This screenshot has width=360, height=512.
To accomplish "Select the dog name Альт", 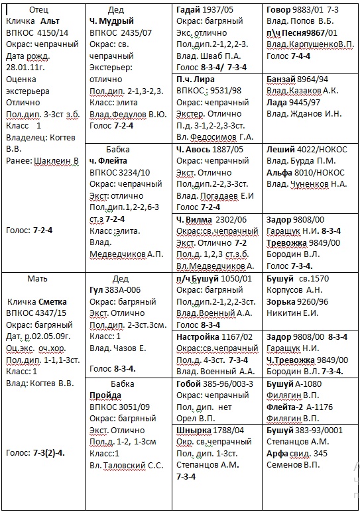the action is (x=50, y=21).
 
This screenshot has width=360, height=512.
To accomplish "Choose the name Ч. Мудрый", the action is (x=111, y=21).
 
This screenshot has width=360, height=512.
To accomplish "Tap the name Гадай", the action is (x=189, y=11).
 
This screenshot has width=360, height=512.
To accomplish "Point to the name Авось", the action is (x=199, y=150).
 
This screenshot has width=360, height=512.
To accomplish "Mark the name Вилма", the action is (x=199, y=219).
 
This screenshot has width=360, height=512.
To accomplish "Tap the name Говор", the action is (x=279, y=11).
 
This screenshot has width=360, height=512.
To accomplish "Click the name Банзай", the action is (x=282, y=79).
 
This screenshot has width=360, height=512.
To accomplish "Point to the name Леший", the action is (x=280, y=150).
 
